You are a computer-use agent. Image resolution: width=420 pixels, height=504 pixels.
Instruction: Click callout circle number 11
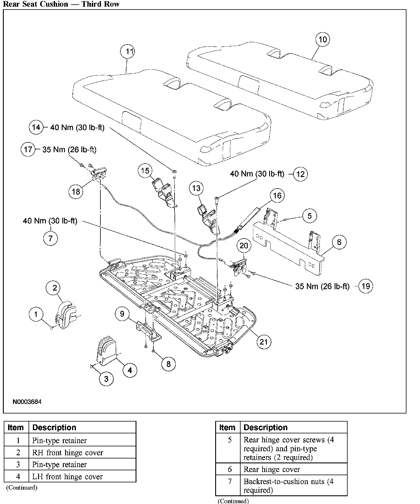[127, 52]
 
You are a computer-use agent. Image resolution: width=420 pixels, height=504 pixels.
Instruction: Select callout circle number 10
[322, 40]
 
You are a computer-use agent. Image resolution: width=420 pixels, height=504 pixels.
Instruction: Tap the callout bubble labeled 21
[264, 342]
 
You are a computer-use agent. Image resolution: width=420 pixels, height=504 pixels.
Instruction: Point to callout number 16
[277, 196]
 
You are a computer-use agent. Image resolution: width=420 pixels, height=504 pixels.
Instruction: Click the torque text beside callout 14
[77, 127]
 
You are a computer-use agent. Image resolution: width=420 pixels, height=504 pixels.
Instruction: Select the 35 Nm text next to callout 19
[322, 286]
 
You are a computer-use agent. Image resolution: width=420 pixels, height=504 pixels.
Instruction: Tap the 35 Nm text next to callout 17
[69, 150]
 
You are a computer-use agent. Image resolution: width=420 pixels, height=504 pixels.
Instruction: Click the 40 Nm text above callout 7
[50, 221]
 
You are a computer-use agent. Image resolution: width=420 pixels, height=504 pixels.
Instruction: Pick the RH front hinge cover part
[66, 316]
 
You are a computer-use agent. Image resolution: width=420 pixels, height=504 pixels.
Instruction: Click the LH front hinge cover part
[107, 351]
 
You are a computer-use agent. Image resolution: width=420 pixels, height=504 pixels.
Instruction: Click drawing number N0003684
[27, 402]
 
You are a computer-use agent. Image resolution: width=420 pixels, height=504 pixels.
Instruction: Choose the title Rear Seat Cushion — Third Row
[61, 4]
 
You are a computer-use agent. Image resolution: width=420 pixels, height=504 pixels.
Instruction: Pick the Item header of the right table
[227, 427]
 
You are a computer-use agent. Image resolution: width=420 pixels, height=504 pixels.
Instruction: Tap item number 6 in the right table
[230, 469]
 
